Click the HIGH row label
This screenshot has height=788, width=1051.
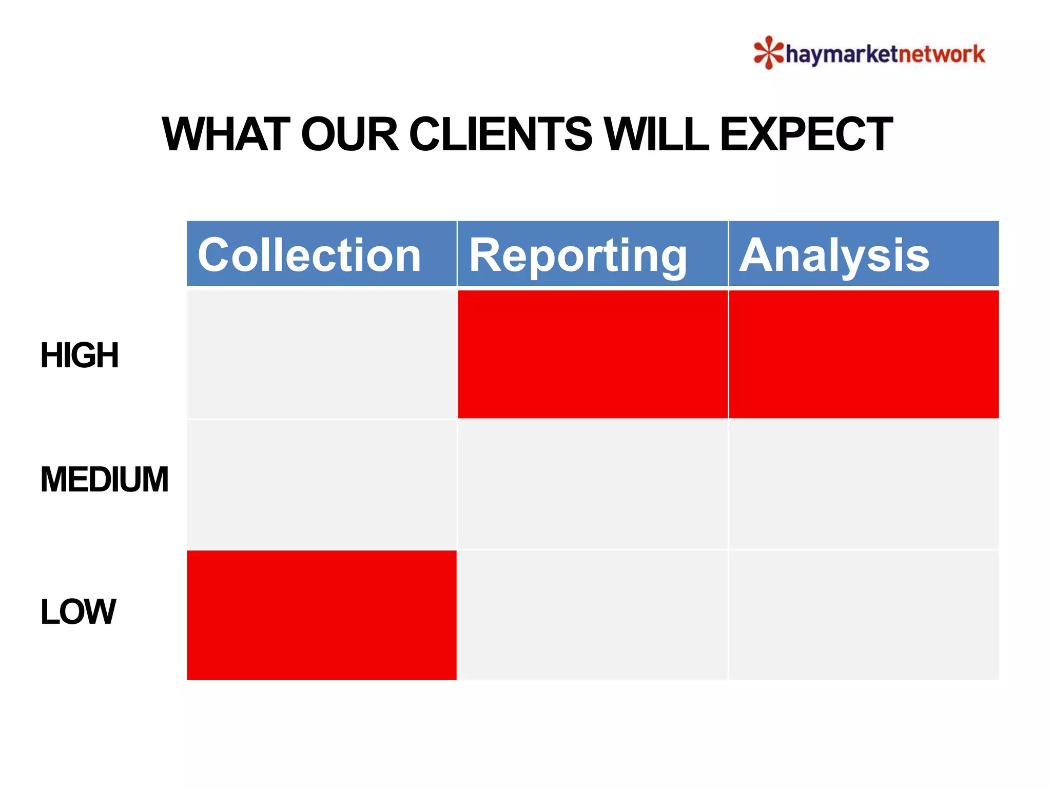click(x=80, y=355)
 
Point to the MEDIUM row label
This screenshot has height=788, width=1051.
click(x=104, y=479)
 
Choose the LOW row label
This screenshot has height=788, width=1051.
click(x=78, y=612)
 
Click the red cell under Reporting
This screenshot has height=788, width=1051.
click(x=592, y=354)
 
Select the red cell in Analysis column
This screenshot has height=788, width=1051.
click(x=863, y=354)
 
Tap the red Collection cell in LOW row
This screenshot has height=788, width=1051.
click(x=321, y=615)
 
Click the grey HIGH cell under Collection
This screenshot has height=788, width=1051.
click(x=321, y=354)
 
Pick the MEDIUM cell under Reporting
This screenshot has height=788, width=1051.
click(x=592, y=484)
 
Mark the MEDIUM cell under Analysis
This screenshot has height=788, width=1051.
click(x=863, y=484)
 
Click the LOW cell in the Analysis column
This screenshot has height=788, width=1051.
click(x=863, y=615)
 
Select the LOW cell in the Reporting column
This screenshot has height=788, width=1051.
click(x=592, y=615)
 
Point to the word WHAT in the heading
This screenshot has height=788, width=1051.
click(x=226, y=134)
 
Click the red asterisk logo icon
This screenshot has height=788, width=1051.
click(x=768, y=52)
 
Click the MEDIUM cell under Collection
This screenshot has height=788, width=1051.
click(x=321, y=484)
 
